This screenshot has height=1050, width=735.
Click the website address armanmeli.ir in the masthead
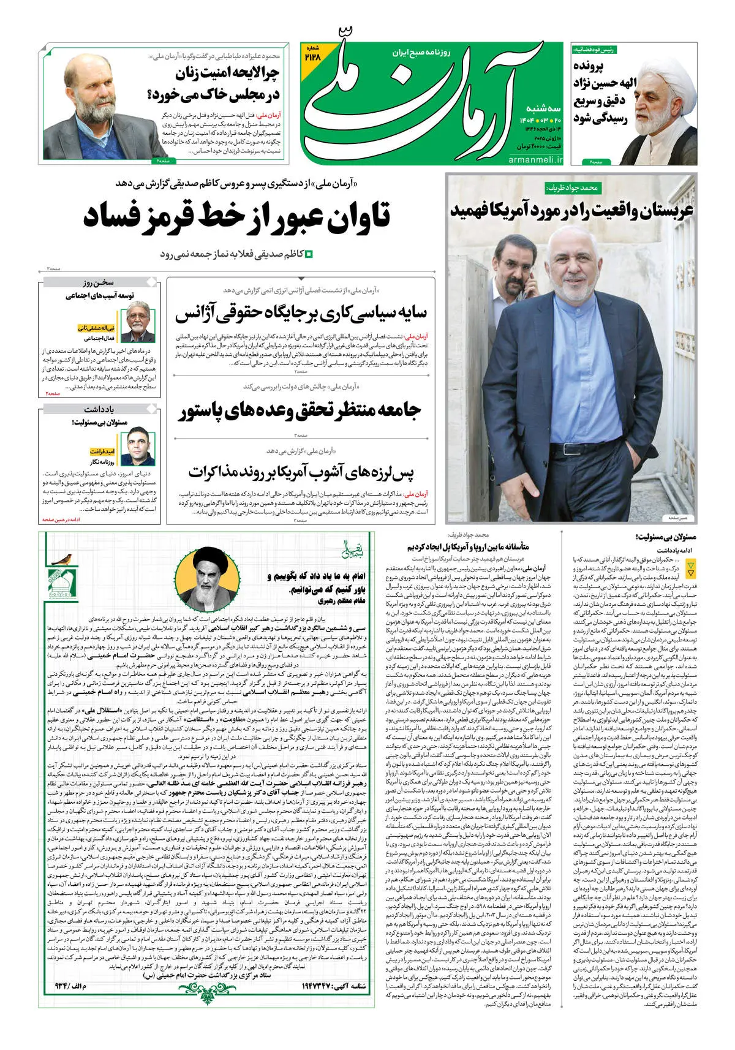coord(535,159)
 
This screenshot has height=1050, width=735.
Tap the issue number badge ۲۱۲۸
coord(312,53)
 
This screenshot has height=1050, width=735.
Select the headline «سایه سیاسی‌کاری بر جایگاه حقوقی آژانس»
coord(301,312)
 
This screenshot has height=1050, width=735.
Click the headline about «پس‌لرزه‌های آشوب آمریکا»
coord(301,472)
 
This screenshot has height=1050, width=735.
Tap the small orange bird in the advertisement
coord(62,558)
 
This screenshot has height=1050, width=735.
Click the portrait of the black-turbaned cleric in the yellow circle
coord(208,576)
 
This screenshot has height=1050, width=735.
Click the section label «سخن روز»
coord(99,283)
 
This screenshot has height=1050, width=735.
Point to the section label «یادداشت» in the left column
coord(99,409)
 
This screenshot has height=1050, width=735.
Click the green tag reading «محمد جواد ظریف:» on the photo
coord(571,189)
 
